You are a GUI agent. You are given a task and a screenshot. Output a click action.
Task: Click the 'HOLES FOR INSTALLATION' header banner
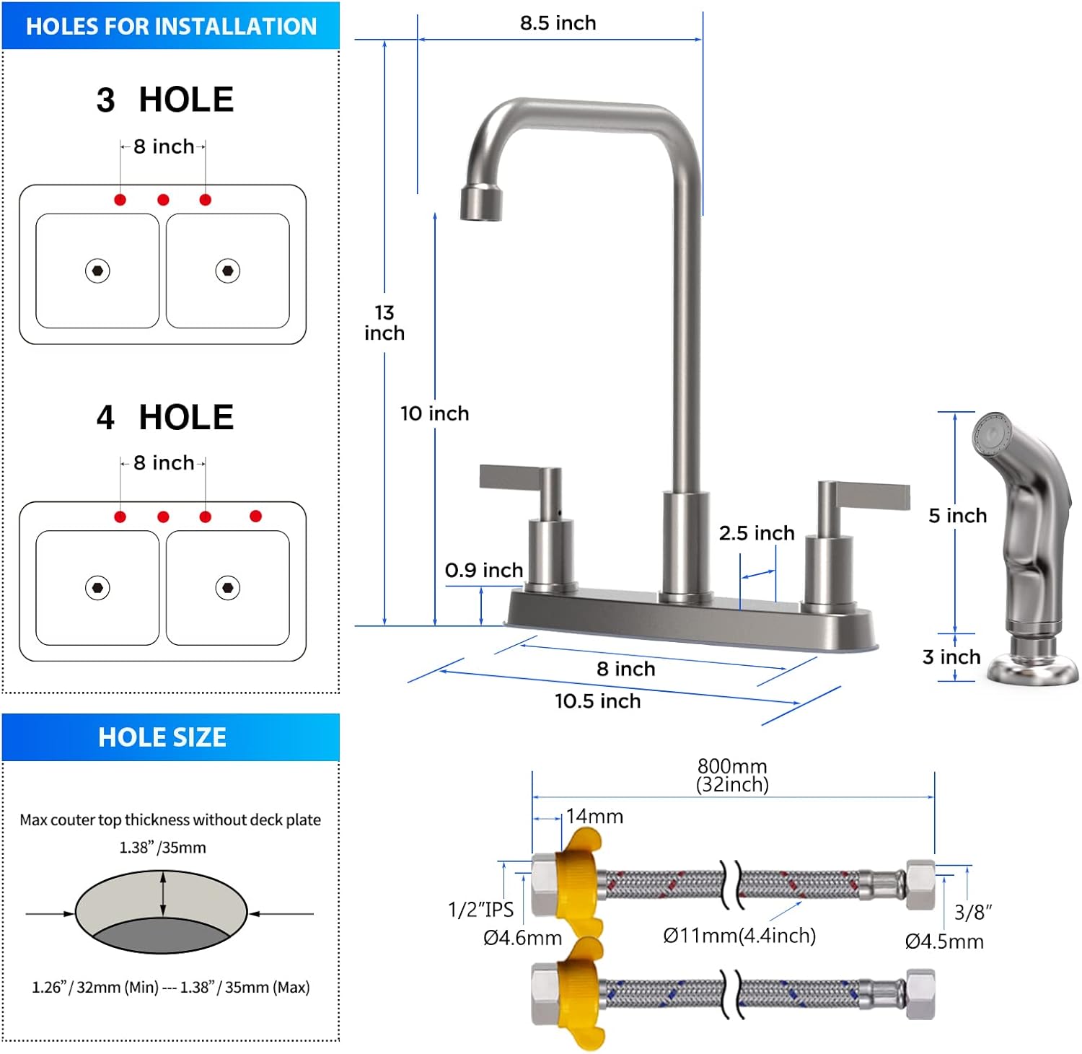pyautogui.click(x=171, y=26)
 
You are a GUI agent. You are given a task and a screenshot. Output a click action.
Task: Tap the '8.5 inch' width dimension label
pyautogui.click(x=558, y=23)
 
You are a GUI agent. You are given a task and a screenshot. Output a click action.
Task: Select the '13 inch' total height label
pyautogui.click(x=384, y=322)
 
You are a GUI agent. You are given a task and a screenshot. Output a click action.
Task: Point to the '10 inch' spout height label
pyautogui.click(x=434, y=413)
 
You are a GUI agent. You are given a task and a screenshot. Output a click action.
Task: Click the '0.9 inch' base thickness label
pyautogui.click(x=483, y=570)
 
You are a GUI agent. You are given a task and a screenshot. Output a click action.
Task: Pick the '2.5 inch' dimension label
pyautogui.click(x=756, y=533)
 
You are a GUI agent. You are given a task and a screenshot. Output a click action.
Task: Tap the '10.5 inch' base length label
pyautogui.click(x=597, y=701)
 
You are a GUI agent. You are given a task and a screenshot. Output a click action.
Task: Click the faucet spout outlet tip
pyautogui.click(x=481, y=202)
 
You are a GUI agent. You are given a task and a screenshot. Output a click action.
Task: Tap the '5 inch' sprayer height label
pyautogui.click(x=957, y=515)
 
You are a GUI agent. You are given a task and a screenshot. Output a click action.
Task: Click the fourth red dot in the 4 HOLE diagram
pyautogui.click(x=255, y=516)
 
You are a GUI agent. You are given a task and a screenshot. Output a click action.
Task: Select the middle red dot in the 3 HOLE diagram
pyautogui.click(x=163, y=200)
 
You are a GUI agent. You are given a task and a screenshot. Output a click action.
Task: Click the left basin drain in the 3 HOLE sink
pyautogui.click(x=97, y=271)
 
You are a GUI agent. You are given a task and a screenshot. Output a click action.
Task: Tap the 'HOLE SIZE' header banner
pyautogui.click(x=162, y=737)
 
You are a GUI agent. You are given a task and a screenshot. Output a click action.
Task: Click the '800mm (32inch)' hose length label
pyautogui.click(x=732, y=775)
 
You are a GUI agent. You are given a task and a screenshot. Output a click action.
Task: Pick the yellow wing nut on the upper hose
pyautogui.click(x=577, y=882)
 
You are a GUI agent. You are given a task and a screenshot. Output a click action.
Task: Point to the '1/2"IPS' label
pyautogui.click(x=480, y=910)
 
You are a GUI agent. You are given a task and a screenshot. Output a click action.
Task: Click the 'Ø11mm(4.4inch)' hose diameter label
pyautogui.click(x=739, y=936)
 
